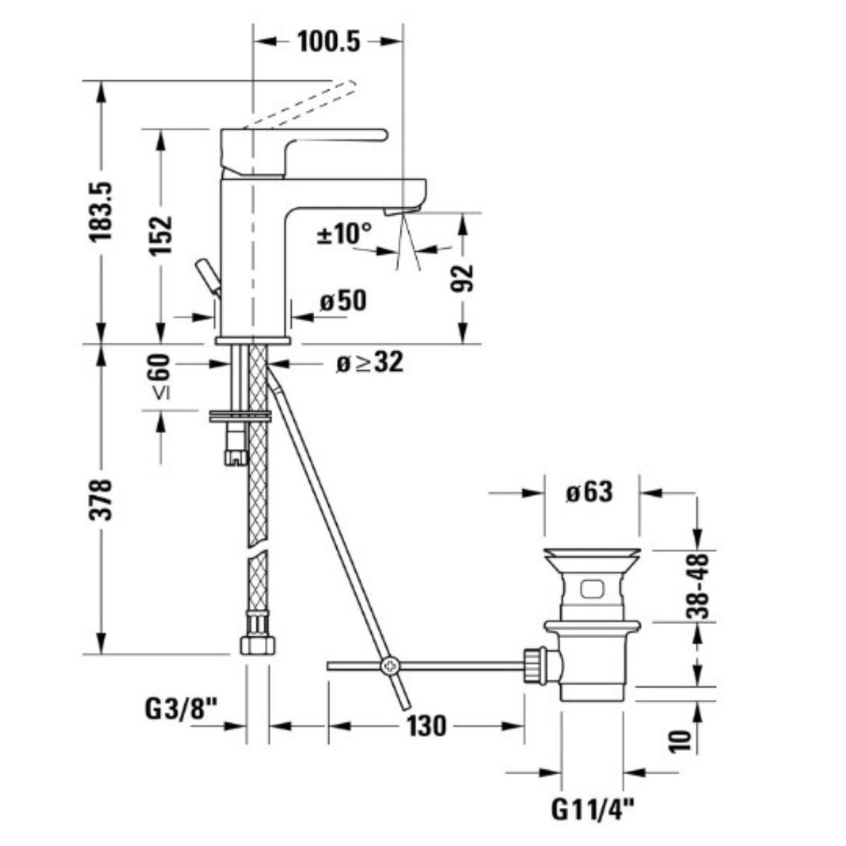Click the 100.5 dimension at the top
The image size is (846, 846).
pyautogui.click(x=329, y=41)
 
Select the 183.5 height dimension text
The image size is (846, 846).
pyautogui.click(x=101, y=212)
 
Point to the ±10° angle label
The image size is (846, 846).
pyautogui.click(x=345, y=234)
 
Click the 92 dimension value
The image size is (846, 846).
pyautogui.click(x=463, y=278)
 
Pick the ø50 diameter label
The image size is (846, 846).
pyautogui.click(x=343, y=301)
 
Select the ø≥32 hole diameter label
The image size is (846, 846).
pyautogui.click(x=369, y=364)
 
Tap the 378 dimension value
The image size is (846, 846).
pyautogui.click(x=101, y=499)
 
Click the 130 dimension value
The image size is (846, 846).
pyautogui.click(x=427, y=725)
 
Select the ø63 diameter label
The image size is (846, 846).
pyautogui.click(x=590, y=492)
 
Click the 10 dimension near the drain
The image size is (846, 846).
pyautogui.click(x=680, y=741)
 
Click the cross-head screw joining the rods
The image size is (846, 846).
pyautogui.click(x=389, y=667)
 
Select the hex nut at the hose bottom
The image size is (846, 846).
pyautogui.click(x=258, y=645)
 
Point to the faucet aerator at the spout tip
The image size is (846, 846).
pyautogui.click(x=402, y=211)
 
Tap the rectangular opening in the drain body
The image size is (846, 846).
pyautogui.click(x=592, y=588)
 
